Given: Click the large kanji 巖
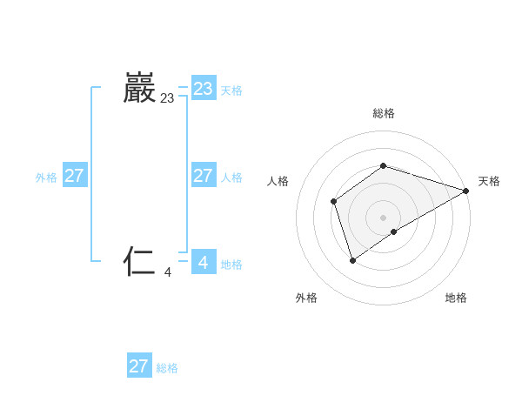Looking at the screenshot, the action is click(x=140, y=89).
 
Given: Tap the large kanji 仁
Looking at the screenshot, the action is click(x=140, y=261).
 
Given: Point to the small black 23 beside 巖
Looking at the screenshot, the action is click(x=167, y=99).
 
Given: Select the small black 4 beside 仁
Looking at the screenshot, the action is click(x=168, y=272).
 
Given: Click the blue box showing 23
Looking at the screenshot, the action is click(x=204, y=89).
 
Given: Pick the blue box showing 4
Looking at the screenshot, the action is click(x=204, y=262).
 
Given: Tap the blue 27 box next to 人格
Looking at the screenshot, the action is click(x=204, y=176).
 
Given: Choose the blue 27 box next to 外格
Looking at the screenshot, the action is click(x=75, y=176).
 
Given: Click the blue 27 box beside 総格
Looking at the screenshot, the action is click(x=139, y=366).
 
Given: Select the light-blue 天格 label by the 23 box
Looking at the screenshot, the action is click(x=231, y=91).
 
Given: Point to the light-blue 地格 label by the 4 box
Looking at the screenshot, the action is click(x=231, y=265).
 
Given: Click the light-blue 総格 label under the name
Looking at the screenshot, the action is click(x=167, y=368).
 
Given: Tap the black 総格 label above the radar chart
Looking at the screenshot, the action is click(x=384, y=113).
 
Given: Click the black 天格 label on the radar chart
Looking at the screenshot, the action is click(x=490, y=181).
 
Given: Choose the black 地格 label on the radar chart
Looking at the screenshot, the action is click(x=456, y=298).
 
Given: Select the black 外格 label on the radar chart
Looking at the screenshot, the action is click(x=306, y=298).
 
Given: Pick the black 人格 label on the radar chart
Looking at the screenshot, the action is click(x=278, y=181).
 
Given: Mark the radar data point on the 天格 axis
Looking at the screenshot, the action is click(x=466, y=191).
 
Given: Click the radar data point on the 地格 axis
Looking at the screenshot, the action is click(x=395, y=231).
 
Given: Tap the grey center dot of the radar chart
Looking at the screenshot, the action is click(x=384, y=218).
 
